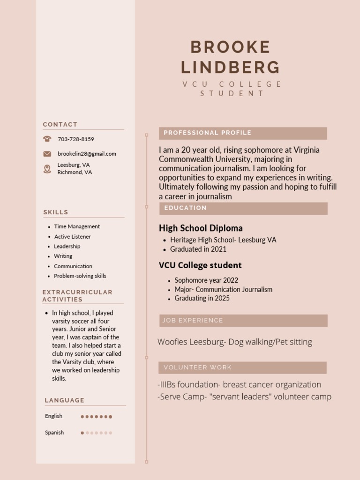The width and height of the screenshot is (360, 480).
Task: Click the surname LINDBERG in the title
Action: click(230, 67)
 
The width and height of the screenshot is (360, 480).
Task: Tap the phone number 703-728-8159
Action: click(76, 139)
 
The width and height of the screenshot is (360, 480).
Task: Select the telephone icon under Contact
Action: click(47, 139)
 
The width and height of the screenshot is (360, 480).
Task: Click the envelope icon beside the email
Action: click(47, 154)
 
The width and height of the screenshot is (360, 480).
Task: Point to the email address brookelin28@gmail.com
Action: click(87, 154)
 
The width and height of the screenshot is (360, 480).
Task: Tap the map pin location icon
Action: click(47, 169)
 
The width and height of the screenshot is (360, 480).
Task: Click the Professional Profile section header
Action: click(243, 133)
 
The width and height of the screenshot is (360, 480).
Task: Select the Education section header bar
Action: click(243, 208)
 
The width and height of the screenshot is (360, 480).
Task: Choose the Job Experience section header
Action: click(243, 321)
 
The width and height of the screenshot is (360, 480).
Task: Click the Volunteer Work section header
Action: click(243, 367)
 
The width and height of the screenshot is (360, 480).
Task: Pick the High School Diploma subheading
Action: click(201, 228)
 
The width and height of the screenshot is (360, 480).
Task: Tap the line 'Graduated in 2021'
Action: click(198, 249)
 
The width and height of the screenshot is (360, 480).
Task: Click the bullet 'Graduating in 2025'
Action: click(202, 298)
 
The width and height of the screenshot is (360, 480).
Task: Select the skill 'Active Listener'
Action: click(72, 237)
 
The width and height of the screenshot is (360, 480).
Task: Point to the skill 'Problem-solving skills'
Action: click(80, 276)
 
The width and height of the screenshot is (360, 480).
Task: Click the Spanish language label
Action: click(54, 433)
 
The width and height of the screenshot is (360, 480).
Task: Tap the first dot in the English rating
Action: click(82, 416)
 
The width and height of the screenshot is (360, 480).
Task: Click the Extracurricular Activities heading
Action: click(77, 296)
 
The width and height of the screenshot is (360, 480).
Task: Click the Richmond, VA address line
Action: click(75, 172)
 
